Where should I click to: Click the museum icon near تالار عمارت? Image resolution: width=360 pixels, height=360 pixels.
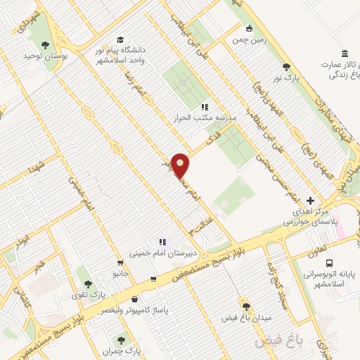pos(344,54)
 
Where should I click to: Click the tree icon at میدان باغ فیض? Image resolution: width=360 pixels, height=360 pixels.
pos(245,307)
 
